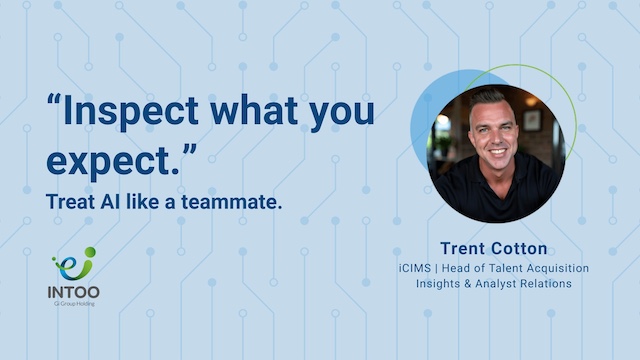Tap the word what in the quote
[254, 109]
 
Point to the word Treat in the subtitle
[70, 202]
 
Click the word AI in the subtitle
[110, 202]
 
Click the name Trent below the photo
[463, 248]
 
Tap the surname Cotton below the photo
[520, 248]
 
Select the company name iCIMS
[415, 268]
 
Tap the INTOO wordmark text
[73, 292]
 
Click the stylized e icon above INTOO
[75, 264]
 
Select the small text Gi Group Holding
[74, 304]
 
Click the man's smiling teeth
[497, 152]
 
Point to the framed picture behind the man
[532, 120]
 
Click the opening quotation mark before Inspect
[54, 100]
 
